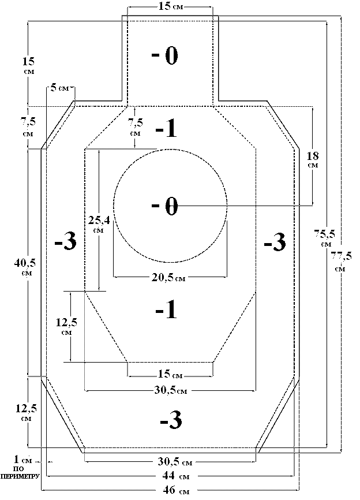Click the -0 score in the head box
(165, 56)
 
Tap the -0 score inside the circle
(165, 206)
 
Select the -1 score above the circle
(166, 129)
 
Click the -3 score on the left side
(65, 242)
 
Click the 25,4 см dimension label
(97, 223)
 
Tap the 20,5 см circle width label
(168, 278)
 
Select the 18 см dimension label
(313, 159)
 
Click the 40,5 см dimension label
(27, 267)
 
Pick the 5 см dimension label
(59, 88)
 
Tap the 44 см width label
(172, 476)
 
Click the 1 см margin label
(24, 460)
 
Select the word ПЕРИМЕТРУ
(20, 477)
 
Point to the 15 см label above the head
(170, 6)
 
